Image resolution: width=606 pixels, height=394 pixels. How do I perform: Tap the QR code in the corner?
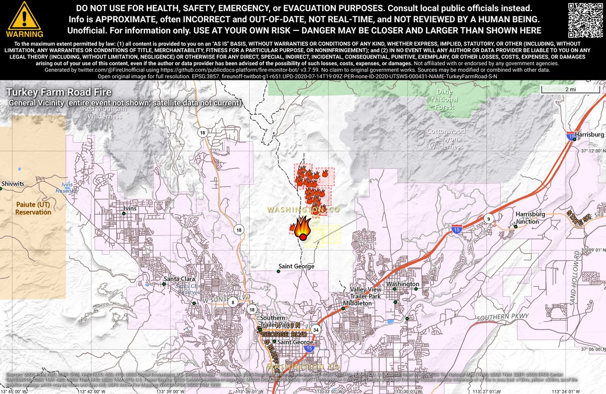click(x=586, y=19)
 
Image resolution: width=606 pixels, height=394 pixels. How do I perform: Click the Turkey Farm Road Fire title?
click(x=59, y=93)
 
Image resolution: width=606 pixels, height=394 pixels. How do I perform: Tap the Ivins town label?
click(x=131, y=208)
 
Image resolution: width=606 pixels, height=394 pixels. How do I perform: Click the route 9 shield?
click(x=489, y=219)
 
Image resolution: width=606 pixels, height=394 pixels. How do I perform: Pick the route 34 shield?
click(x=316, y=330)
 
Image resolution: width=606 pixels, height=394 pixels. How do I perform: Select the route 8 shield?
click(x=232, y=302)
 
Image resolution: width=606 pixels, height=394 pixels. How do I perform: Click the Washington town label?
click(x=402, y=284)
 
